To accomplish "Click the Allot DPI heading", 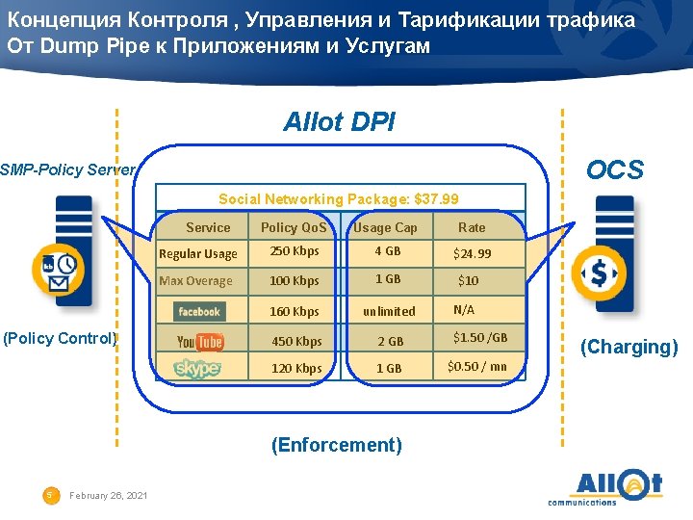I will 339,122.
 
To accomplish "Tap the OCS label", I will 615,170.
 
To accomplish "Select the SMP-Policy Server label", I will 67,170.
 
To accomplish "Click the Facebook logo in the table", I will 199,311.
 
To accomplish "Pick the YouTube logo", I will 200,342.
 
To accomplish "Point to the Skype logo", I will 197,369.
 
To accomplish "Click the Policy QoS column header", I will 294,227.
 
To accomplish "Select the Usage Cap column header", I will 385,227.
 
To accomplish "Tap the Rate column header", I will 472,227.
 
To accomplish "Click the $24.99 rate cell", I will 473,254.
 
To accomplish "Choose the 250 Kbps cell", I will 295,251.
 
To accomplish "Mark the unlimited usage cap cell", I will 389,311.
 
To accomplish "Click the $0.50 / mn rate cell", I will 477,366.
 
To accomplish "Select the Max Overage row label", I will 195,281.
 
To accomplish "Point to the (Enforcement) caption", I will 337,445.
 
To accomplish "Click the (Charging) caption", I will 629,347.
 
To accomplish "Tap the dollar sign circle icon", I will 599,274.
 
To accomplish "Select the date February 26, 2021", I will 109,495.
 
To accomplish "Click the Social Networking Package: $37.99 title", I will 339,199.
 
